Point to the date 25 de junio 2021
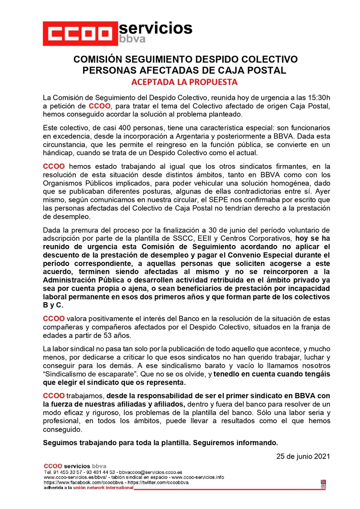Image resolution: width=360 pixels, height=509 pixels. pos(303,456)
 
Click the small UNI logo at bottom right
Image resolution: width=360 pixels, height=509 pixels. pos(324,484)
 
